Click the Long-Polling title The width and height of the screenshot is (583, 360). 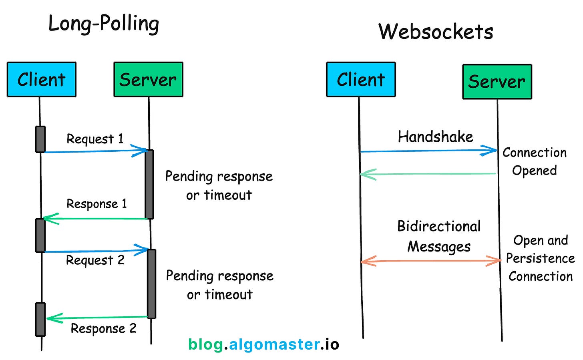coord(104,24)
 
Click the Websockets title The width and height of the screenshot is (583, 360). coord(436,32)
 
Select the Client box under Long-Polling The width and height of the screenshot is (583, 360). coord(41,79)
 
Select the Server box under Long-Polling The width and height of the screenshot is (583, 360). coord(148,79)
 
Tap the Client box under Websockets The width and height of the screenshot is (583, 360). coord(361,79)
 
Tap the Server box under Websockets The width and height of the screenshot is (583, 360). coord(497,82)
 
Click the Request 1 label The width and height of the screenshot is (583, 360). coord(95,139)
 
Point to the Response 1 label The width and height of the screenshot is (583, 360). coord(96,204)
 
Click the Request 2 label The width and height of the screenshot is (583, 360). coord(95,260)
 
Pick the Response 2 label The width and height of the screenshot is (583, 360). coord(104,329)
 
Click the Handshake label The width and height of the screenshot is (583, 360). coord(435,137)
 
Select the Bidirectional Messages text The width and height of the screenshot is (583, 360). coord(439,236)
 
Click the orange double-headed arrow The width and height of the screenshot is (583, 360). coord(430,261)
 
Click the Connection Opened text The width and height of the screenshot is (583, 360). coord(534,161)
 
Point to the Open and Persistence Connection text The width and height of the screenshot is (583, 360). coord(540,258)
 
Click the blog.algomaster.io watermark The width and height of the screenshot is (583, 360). coord(263,344)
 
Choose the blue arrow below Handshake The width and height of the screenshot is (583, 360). coord(428,151)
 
